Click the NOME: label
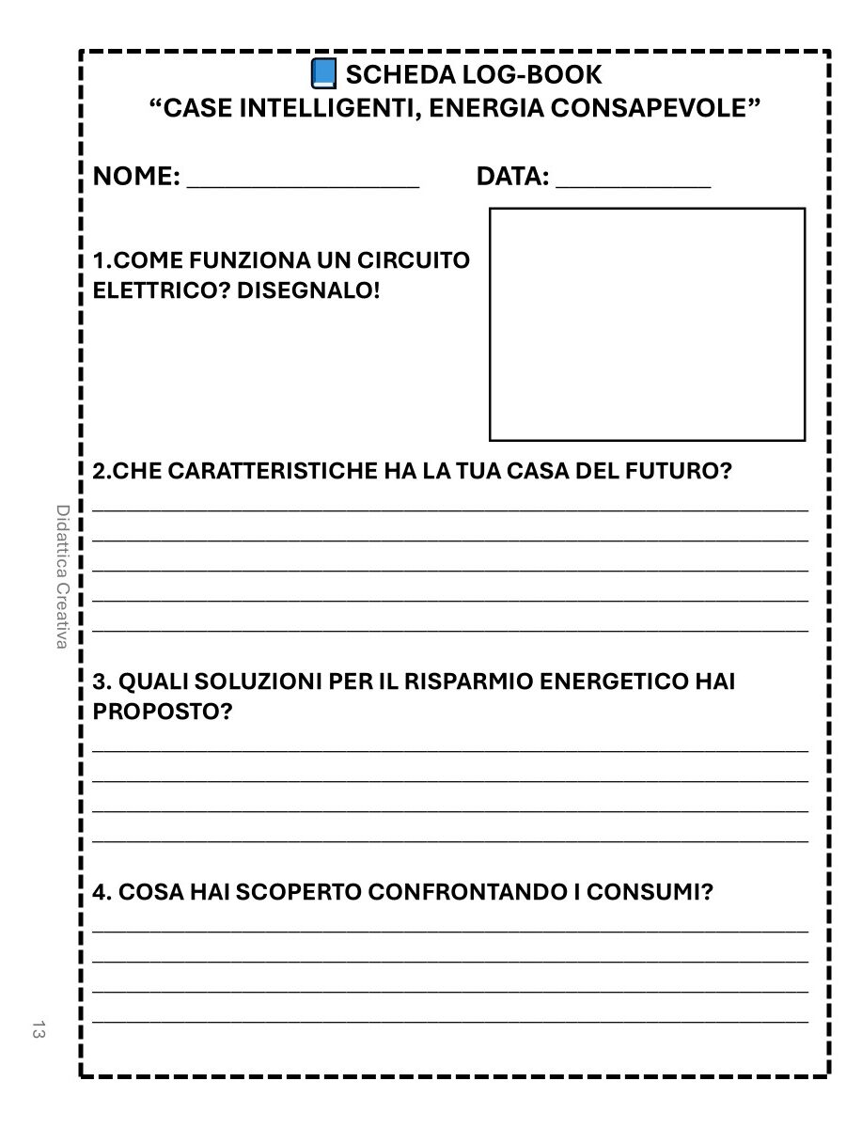tap(137, 176)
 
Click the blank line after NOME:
tap(303, 180)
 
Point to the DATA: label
tap(513, 176)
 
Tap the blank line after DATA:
tap(633, 180)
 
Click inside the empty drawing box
tap(647, 324)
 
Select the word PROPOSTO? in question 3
tap(163, 712)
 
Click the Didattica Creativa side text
tap(62, 576)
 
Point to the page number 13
tap(39, 1028)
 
